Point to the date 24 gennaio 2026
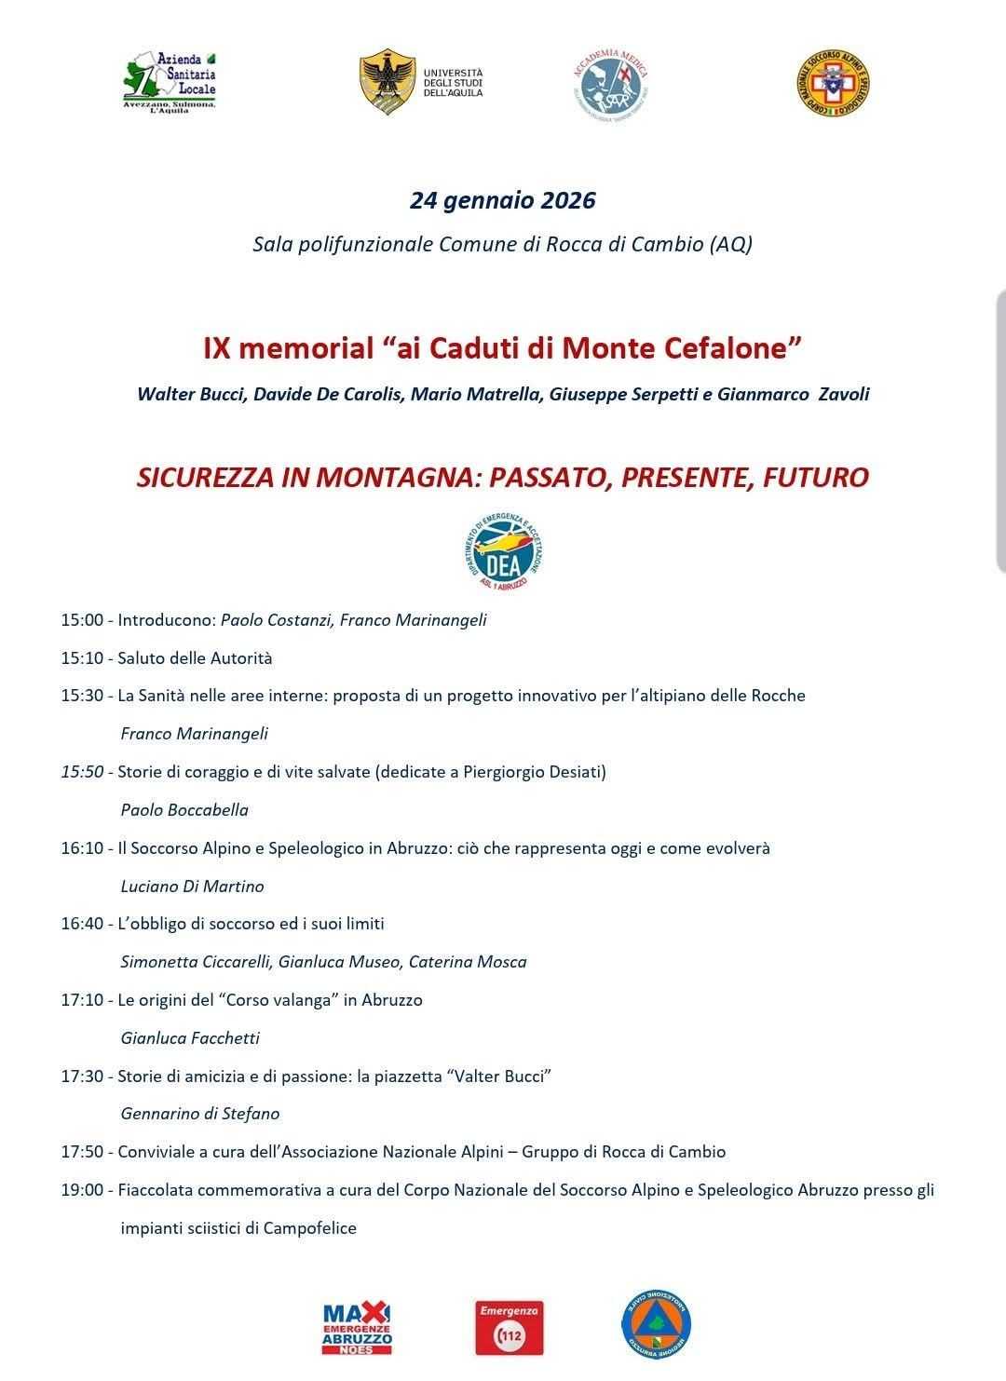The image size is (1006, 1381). tap(502, 200)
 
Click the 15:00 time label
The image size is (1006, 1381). tap(84, 619)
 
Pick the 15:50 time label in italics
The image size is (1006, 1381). tap(84, 772)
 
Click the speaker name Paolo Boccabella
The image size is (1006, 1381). tap(184, 810)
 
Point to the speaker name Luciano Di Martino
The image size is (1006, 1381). tap(193, 887)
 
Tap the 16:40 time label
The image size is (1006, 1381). tap(84, 924)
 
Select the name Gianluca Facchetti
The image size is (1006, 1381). tap(190, 1038)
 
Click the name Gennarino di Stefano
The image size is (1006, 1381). tap(200, 1114)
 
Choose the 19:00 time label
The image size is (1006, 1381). tap(84, 1190)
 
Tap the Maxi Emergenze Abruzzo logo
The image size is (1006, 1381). tap(357, 1328)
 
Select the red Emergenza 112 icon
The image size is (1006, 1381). tap(509, 1327)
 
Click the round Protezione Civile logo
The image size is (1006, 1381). tap(656, 1327)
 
